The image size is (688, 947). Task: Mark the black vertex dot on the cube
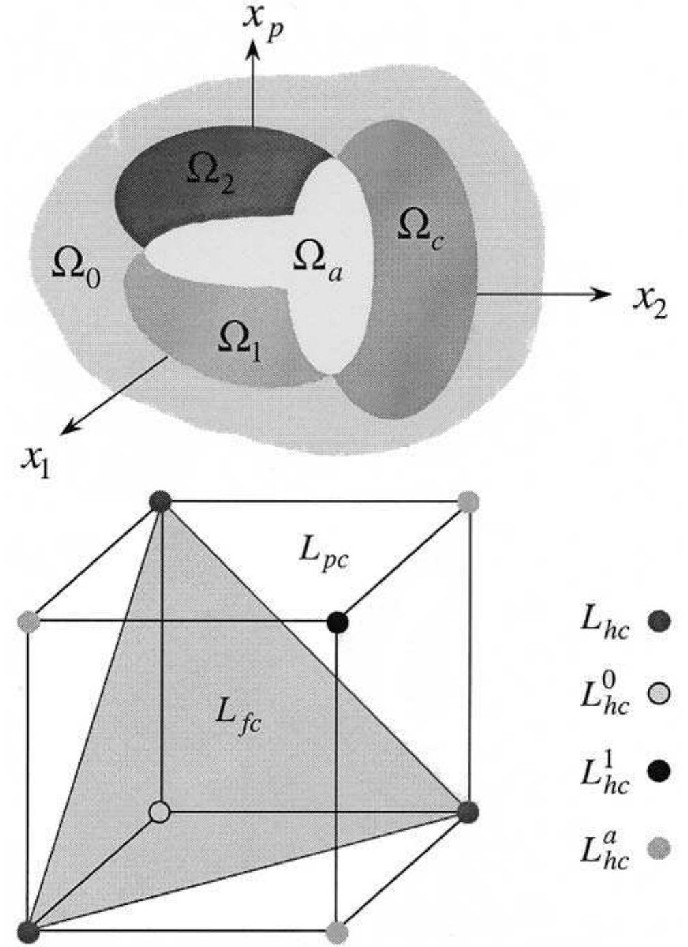pos(338,622)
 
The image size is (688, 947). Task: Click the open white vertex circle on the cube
pos(160,812)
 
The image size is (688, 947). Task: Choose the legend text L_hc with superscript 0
pos(604,693)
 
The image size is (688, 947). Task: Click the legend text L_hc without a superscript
pos(604,622)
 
